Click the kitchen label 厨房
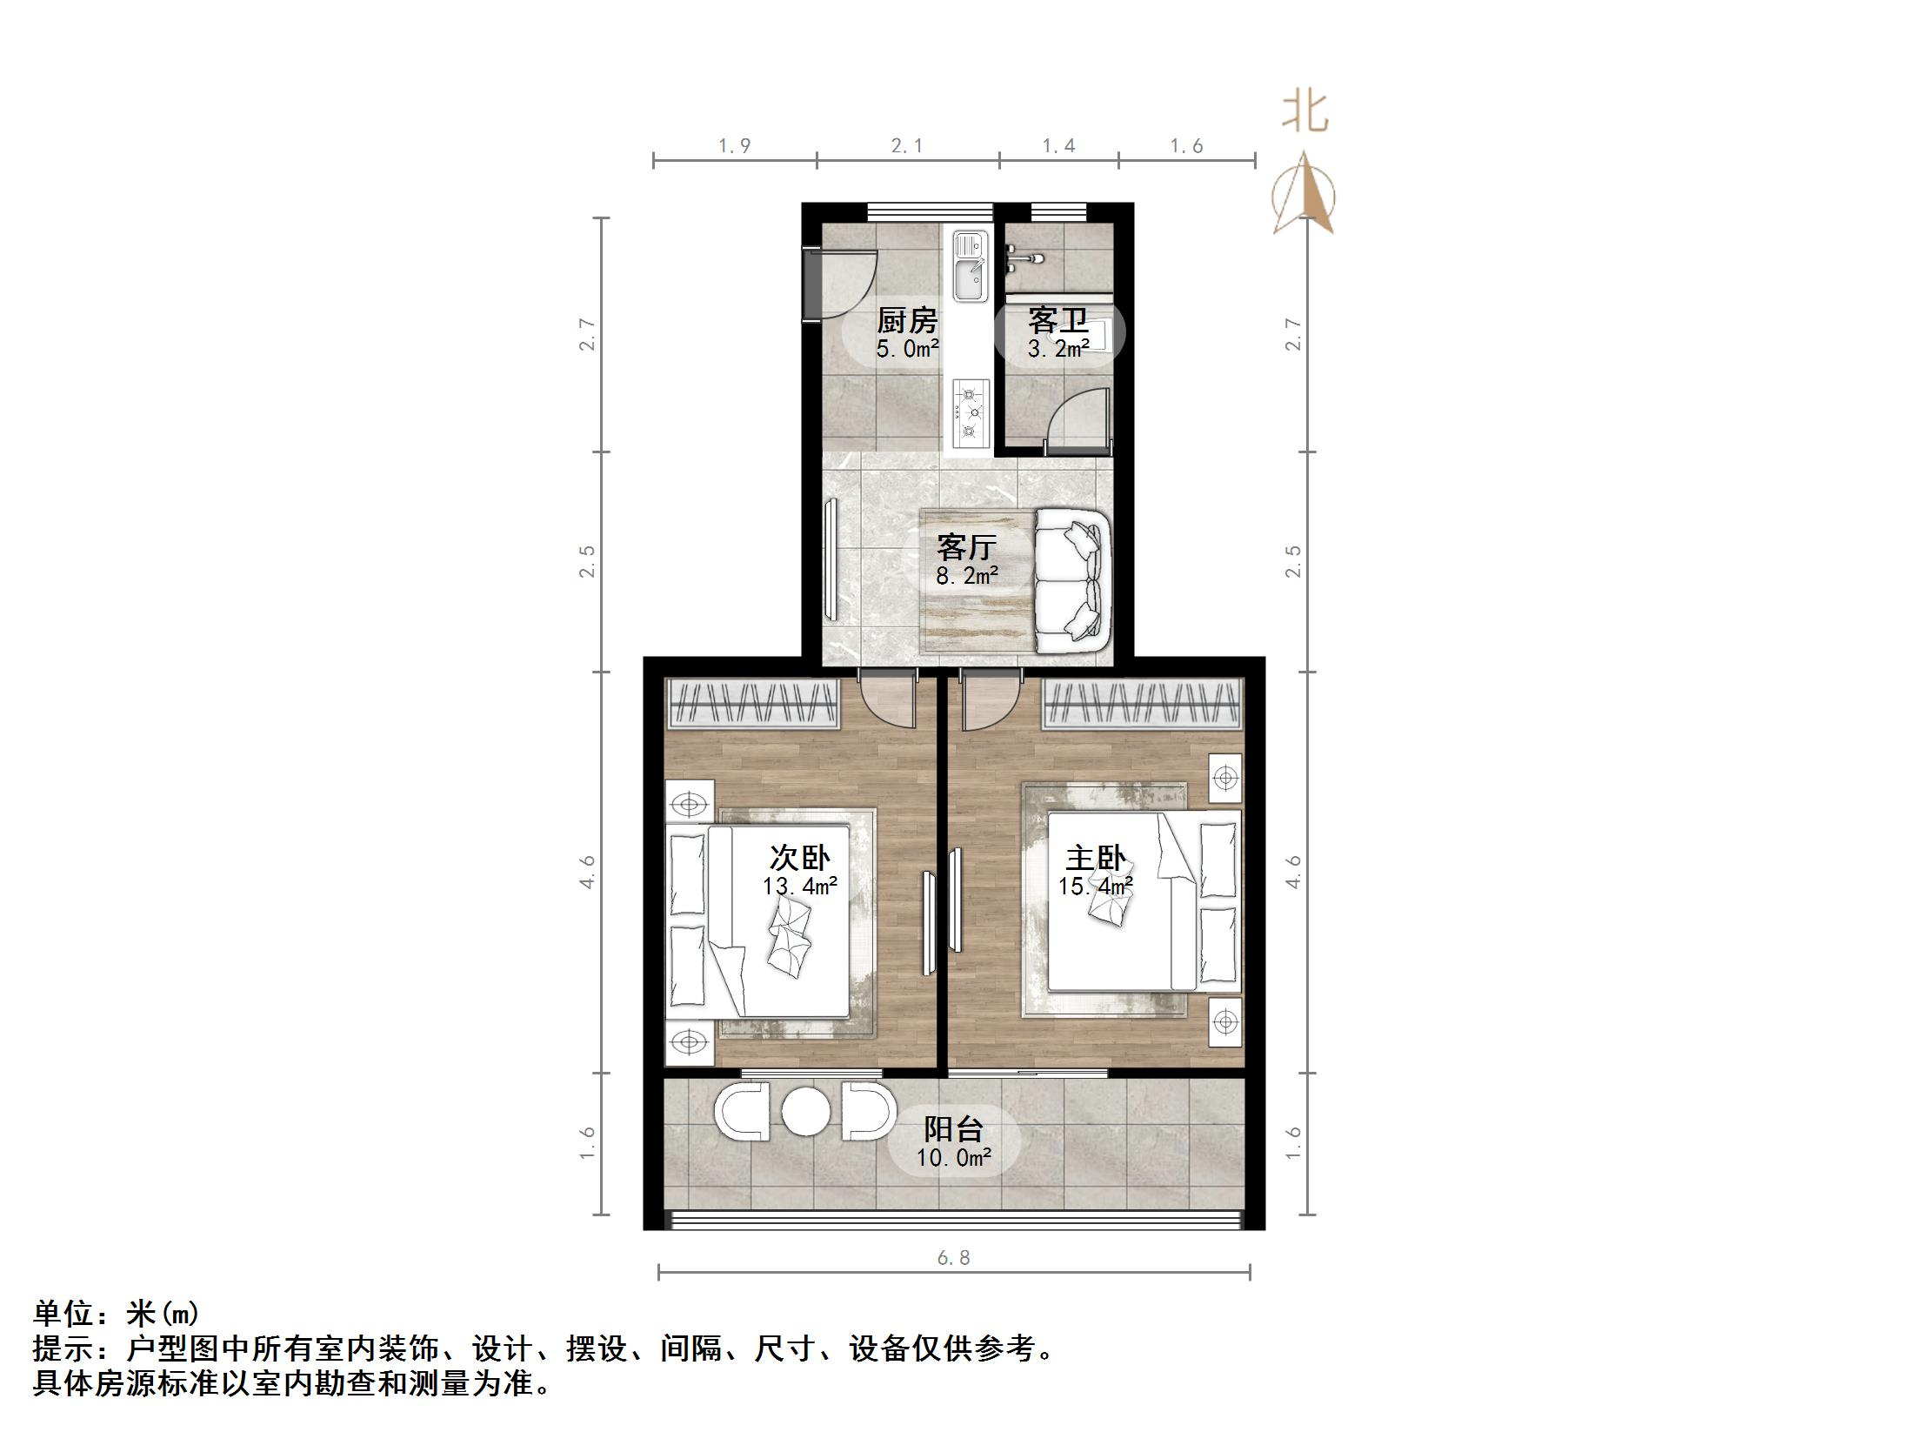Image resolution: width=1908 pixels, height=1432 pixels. coord(907,321)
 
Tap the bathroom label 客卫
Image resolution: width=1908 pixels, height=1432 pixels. coord(1057,320)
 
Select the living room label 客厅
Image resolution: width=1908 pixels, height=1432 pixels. coord(966,547)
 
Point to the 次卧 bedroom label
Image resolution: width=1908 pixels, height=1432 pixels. coord(799,859)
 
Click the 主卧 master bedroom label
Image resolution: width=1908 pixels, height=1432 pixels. coord(1096,859)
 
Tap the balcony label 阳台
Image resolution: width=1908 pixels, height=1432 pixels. coord(953,1130)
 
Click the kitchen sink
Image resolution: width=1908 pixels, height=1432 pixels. coord(970,266)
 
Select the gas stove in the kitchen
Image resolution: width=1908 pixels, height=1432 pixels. coord(971,412)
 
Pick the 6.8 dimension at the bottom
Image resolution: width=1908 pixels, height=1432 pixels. coord(953,1257)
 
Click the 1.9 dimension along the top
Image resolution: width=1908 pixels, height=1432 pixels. coord(734,146)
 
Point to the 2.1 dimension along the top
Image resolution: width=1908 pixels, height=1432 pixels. coord(907,146)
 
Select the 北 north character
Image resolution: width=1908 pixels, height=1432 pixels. coord(1304,112)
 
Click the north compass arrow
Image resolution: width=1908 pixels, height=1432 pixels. coord(1304,196)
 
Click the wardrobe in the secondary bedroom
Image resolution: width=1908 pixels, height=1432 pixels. coord(753,703)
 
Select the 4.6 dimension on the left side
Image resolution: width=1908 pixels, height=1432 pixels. coord(589,872)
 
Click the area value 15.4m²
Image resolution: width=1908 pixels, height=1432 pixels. coord(1096,887)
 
